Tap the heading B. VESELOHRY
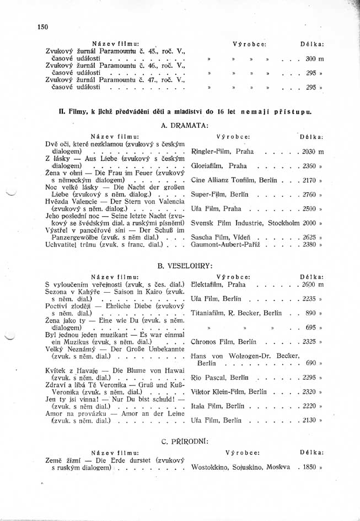point(185,266)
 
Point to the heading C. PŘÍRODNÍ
point(185,441)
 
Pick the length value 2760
point(309,195)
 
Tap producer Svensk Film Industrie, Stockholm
point(246,223)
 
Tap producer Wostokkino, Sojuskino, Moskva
point(240,466)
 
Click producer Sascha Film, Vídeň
point(219,237)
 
